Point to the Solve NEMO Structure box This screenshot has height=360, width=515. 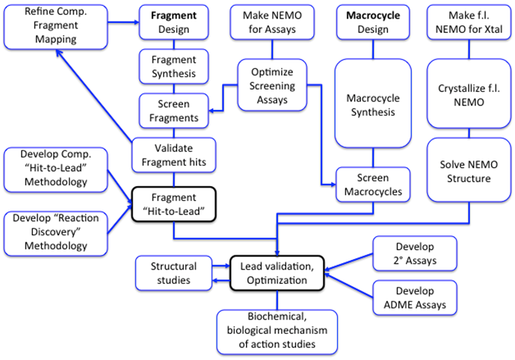468,172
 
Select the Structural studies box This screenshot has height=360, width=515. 173,273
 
